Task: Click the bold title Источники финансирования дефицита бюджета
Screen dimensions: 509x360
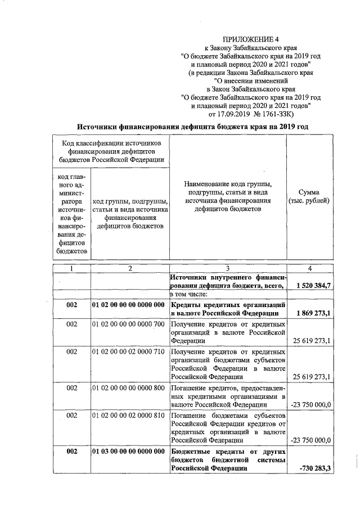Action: click(x=192, y=127)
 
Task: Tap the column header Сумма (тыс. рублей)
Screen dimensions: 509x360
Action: click(x=309, y=197)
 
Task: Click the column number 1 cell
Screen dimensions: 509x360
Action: click(x=71, y=269)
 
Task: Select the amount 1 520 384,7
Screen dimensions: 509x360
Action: click(x=313, y=286)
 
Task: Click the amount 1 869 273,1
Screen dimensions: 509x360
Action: click(x=313, y=313)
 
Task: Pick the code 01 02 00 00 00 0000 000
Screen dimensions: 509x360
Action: click(x=128, y=304)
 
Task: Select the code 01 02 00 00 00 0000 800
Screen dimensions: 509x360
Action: click(x=128, y=388)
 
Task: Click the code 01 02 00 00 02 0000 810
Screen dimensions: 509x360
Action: click(x=128, y=415)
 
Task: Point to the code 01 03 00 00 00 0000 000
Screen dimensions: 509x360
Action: click(x=128, y=452)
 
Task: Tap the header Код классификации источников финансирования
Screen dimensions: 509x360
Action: click(x=111, y=151)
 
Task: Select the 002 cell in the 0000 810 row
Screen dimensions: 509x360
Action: click(x=71, y=415)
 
